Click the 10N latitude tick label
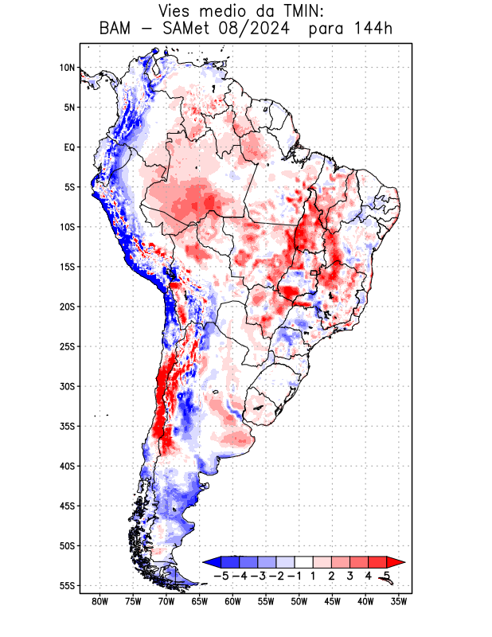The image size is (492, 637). (x=67, y=68)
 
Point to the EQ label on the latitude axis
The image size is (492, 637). (x=69, y=147)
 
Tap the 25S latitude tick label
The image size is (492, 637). (x=67, y=346)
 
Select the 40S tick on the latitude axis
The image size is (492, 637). (x=67, y=466)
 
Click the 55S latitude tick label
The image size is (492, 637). (x=67, y=586)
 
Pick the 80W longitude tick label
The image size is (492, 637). (x=100, y=602)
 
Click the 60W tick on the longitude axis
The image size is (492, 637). (x=232, y=602)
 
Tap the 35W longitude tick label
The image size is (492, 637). (x=399, y=602)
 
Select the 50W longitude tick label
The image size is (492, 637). (x=299, y=602)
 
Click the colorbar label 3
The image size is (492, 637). (x=350, y=575)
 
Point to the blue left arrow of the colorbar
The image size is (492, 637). (x=212, y=561)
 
